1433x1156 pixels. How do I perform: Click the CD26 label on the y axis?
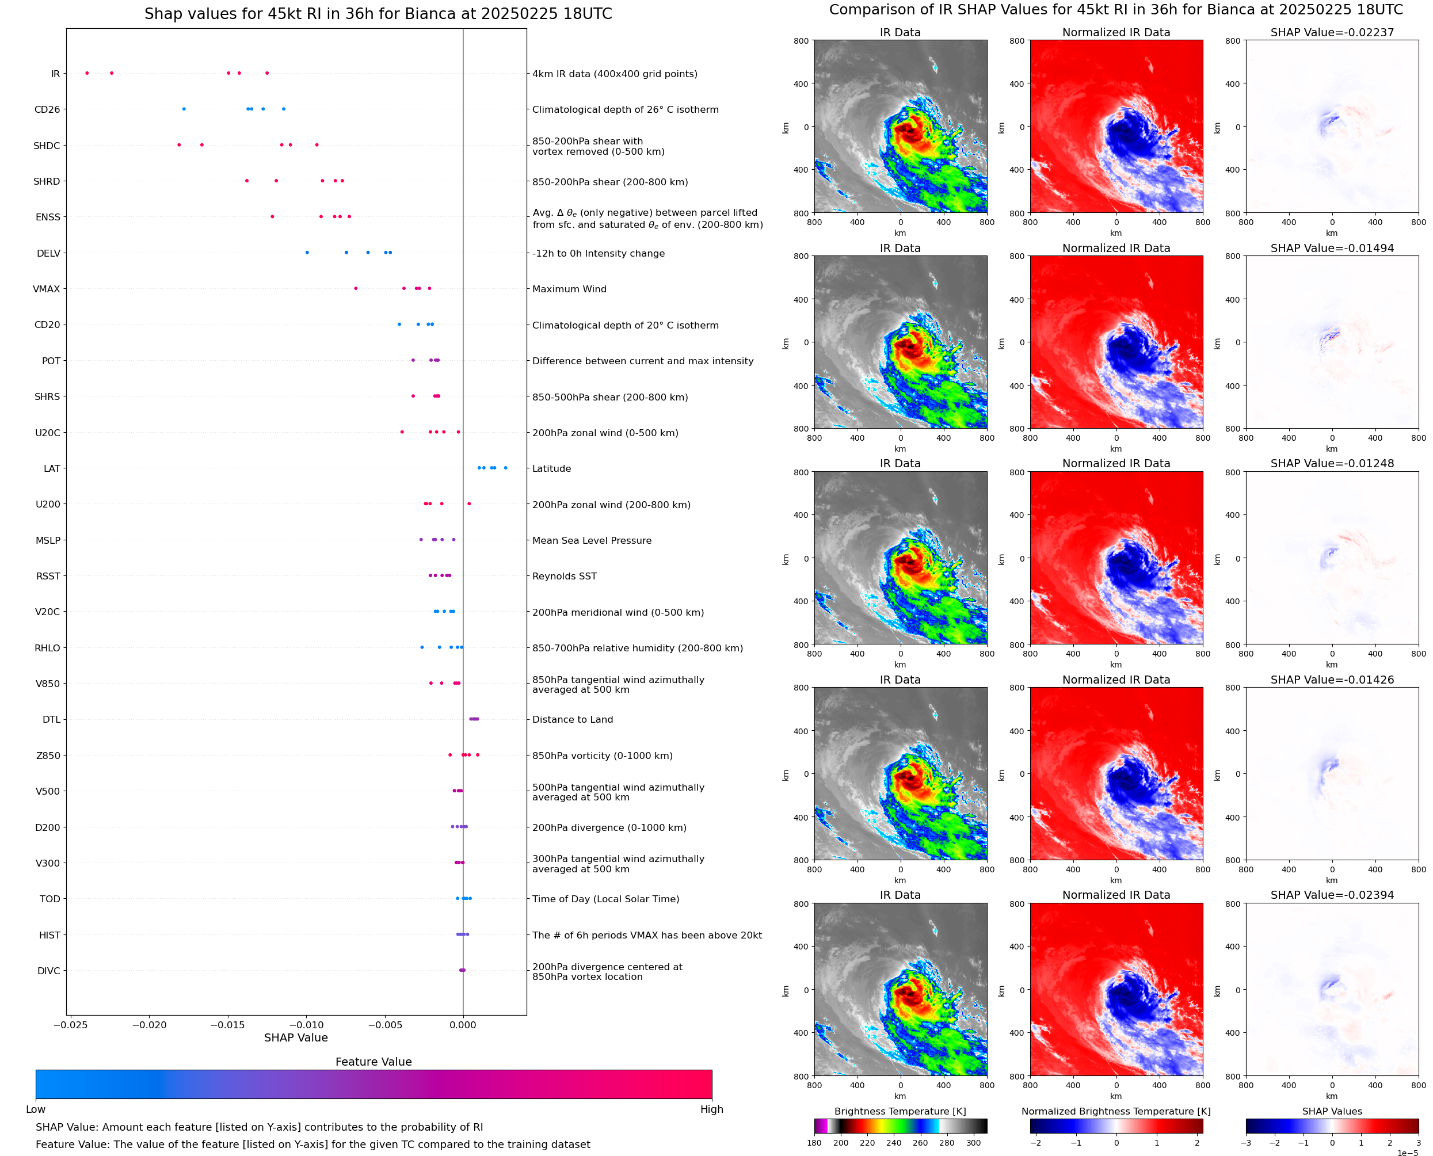coord(47,109)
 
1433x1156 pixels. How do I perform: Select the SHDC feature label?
coord(47,145)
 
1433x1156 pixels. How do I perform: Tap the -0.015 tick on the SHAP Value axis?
coord(228,1025)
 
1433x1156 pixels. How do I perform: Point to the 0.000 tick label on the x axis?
coord(463,1025)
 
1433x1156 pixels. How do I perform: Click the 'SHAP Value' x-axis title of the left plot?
coord(296,1037)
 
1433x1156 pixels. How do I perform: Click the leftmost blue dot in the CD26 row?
coord(184,109)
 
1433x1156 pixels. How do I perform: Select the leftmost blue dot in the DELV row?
coord(307,253)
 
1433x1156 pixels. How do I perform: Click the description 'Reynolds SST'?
coord(564,576)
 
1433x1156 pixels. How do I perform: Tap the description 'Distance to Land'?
coord(572,719)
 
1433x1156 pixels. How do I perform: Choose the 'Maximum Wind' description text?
coord(569,289)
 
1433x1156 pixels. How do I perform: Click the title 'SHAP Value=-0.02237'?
coord(1332,32)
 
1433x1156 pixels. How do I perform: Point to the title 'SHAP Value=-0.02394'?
coord(1332,895)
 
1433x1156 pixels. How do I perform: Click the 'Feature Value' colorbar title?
coord(374,1062)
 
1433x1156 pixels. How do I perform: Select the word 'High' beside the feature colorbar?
coord(711,1109)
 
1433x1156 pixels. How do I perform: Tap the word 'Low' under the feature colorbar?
coord(35,1109)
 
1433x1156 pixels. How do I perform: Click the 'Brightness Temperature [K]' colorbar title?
coord(900,1111)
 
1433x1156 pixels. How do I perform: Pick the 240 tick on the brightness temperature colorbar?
coord(894,1143)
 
